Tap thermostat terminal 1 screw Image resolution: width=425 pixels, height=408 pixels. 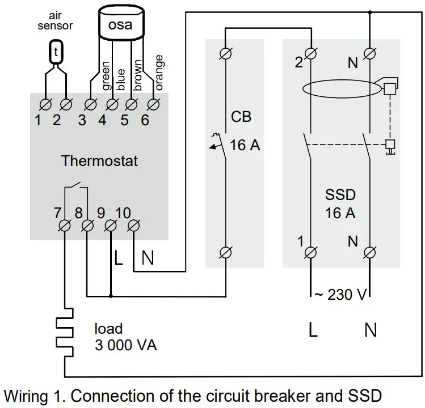coord(45,104)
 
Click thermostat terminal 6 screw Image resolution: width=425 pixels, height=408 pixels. coord(153,104)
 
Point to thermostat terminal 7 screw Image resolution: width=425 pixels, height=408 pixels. coord(65,226)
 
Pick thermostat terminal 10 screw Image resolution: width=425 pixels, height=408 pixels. coord(133,226)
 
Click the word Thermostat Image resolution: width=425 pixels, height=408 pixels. coord(99,161)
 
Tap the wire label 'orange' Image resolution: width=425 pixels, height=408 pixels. coord(159,72)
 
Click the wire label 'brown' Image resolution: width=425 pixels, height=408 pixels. coord(138,75)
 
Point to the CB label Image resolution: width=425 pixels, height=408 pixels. coord(241,118)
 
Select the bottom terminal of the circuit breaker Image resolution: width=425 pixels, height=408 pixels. coord(226,251)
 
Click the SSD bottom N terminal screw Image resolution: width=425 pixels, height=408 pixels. coord(370,251)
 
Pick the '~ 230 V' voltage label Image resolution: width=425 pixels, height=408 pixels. coord(340,295)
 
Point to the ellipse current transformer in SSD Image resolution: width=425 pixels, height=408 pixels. coord(340,89)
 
